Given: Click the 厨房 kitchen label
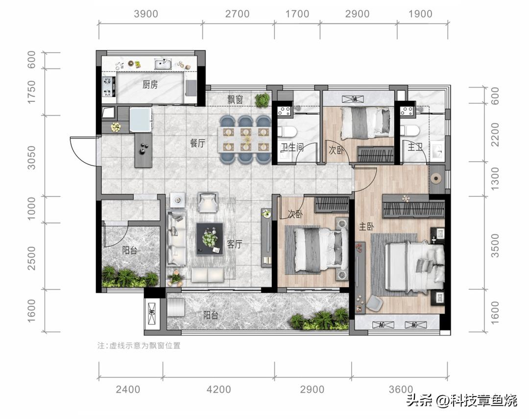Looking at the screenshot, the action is tap(150, 84).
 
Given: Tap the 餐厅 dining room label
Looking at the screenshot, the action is tap(197, 143).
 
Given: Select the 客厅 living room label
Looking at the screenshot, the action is tap(235, 244).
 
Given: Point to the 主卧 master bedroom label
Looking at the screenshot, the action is tap(366, 226).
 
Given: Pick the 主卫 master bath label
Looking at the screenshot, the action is tap(415, 147).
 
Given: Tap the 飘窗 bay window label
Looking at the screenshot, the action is tap(235, 99).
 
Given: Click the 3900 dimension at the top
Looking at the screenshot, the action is tap(146, 14).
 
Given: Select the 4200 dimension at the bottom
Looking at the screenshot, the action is tap(218, 389).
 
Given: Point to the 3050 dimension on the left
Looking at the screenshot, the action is tap(31, 158).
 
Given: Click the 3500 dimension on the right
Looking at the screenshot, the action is tap(495, 246).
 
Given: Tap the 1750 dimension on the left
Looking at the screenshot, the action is tap(31, 92).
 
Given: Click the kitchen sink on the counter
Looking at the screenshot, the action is tap(163, 64).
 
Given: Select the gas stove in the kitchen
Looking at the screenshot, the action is tap(108, 87).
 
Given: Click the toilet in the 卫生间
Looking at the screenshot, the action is tap(287, 131).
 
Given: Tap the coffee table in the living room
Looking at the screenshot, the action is tap(210, 239).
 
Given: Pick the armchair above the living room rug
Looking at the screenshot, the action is tap(208, 202).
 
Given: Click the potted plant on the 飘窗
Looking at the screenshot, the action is tap(262, 100).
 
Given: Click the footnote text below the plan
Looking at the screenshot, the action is tap(139, 346).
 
